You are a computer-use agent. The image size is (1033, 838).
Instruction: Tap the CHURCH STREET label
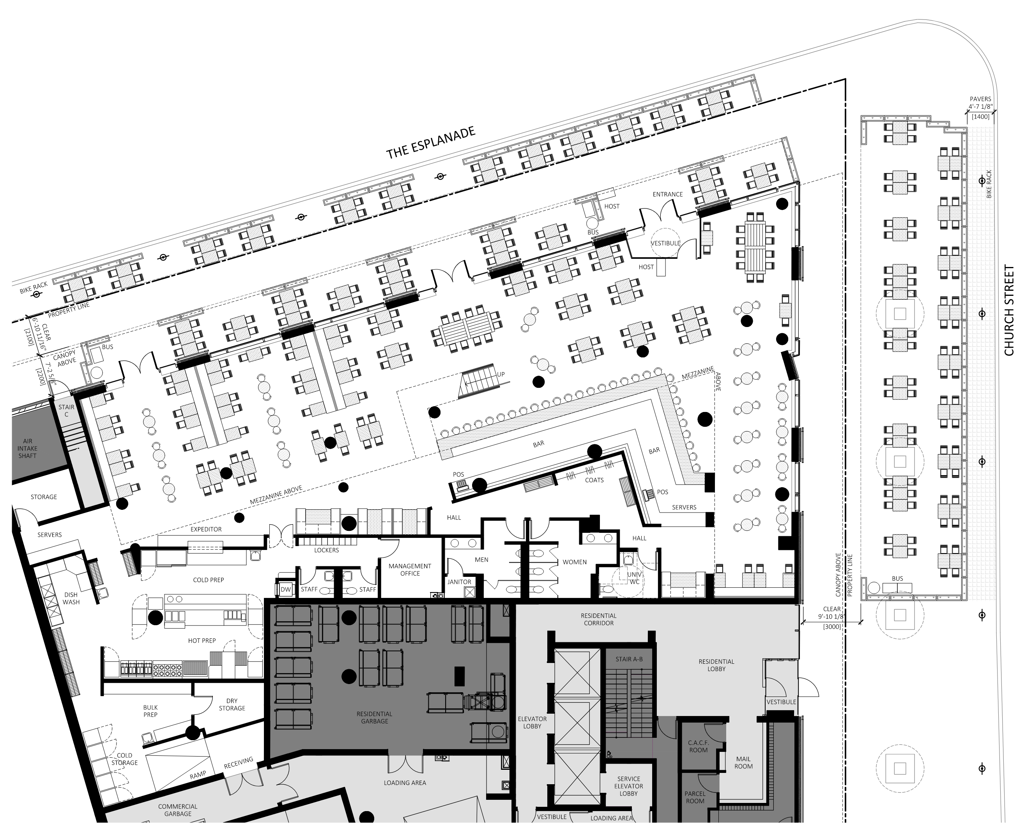(1009, 310)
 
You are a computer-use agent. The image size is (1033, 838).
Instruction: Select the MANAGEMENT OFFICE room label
(410, 569)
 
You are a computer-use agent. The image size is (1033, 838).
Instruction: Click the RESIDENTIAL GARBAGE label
(374, 717)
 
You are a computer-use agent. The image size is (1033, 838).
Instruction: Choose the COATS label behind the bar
(594, 480)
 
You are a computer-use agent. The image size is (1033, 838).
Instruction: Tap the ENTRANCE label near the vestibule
(668, 194)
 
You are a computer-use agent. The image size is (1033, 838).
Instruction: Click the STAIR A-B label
(629, 659)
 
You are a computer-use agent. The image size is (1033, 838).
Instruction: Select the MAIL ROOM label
(743, 762)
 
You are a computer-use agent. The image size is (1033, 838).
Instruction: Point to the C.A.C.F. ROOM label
(699, 746)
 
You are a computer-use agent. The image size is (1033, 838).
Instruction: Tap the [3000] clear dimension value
(832, 627)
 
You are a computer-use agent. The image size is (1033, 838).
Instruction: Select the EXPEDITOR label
(206, 529)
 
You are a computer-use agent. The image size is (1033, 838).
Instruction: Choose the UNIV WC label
(634, 578)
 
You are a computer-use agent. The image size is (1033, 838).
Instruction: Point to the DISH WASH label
(71, 598)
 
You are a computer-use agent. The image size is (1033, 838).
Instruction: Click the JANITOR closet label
(459, 582)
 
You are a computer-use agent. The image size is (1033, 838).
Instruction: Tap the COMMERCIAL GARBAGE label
(178, 810)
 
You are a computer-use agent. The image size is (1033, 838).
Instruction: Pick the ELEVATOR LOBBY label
(532, 722)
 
